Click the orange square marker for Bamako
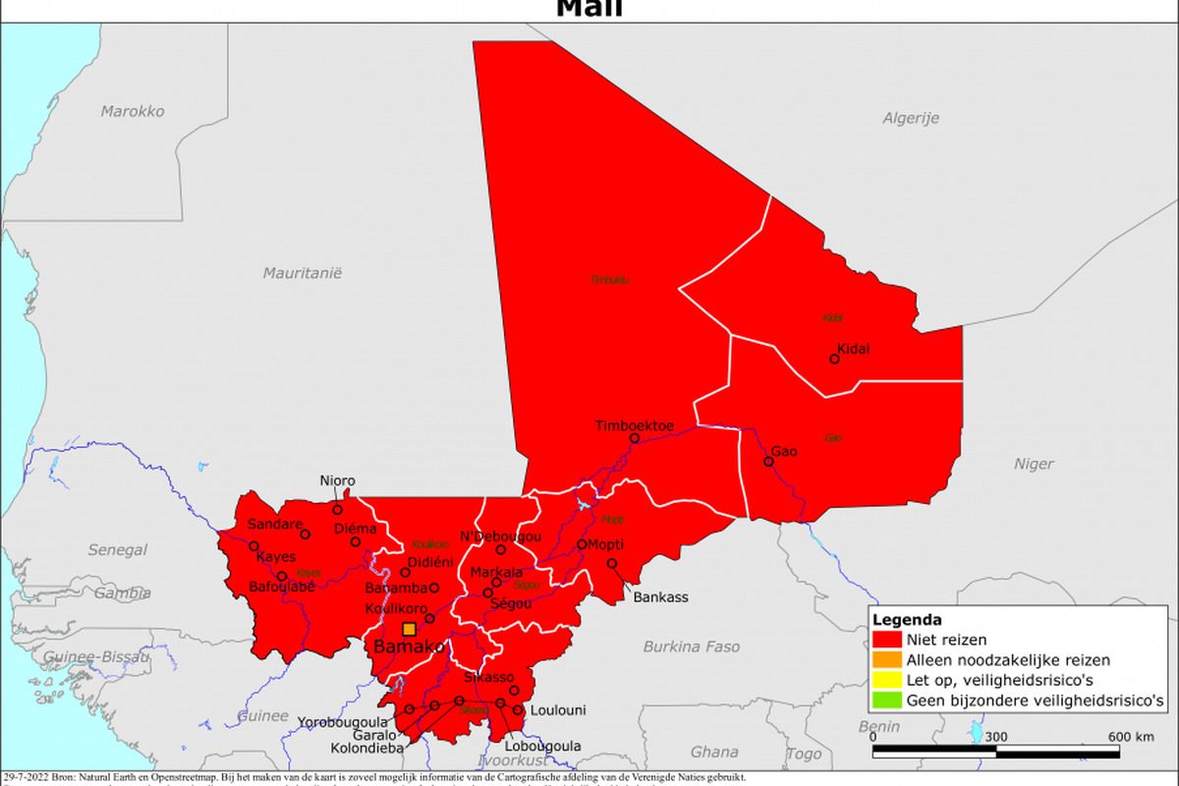click(409, 630)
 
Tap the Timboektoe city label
click(635, 425)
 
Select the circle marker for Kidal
click(834, 359)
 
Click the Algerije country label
click(910, 118)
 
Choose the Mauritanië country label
click(302, 273)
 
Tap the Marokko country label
click(133, 111)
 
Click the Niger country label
click(1034, 464)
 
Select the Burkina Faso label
click(692, 646)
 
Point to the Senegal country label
click(118, 550)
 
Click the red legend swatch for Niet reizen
click(885, 640)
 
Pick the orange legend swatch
click(885, 660)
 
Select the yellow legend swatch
click(885, 681)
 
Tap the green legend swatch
click(885, 702)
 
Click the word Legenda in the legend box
click(907, 620)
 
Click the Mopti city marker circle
click(582, 544)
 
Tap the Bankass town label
click(660, 596)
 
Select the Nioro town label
click(338, 481)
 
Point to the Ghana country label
click(714, 753)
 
